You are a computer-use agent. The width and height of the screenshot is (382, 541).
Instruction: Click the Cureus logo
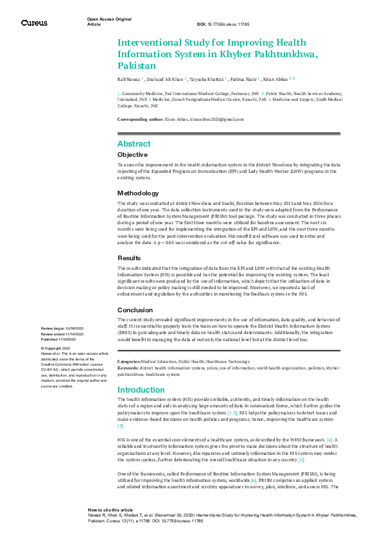click(34, 22)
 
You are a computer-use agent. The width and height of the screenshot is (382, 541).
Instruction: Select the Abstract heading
click(134, 144)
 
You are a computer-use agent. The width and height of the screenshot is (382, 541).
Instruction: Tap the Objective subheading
click(133, 155)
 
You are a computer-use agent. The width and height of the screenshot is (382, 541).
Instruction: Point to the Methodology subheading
click(138, 193)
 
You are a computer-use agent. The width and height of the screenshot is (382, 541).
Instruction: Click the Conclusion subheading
click(135, 310)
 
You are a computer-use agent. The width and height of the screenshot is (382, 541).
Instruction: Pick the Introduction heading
click(141, 390)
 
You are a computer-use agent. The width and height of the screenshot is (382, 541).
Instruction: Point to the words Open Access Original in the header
click(109, 19)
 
